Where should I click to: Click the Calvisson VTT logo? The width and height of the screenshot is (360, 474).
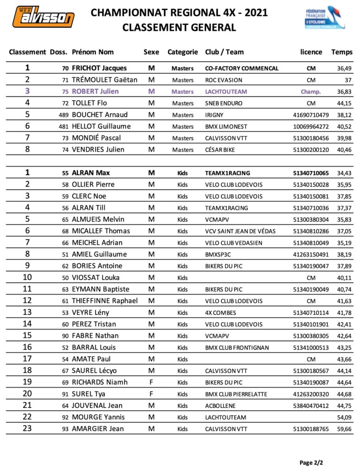point(43,17)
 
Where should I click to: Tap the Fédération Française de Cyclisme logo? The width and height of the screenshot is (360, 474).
point(324,18)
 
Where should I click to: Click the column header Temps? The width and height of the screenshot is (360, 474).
point(342,52)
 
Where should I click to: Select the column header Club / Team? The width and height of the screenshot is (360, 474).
point(224,52)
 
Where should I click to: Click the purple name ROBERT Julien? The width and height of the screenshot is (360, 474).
point(95,91)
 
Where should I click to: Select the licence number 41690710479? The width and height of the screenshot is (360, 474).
point(311,115)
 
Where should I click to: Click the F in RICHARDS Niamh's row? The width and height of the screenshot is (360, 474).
point(151,382)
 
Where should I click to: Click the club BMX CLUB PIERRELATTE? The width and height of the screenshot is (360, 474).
point(234,394)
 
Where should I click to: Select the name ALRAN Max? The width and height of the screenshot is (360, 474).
point(91,173)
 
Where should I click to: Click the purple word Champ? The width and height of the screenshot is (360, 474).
point(311,92)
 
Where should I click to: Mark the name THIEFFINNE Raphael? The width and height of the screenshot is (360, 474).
point(105,301)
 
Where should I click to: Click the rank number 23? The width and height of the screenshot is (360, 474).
point(27,429)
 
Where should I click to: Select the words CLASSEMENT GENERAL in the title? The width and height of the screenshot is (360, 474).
point(179,28)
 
